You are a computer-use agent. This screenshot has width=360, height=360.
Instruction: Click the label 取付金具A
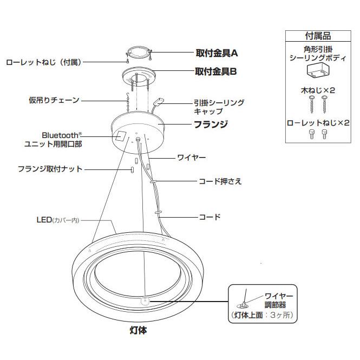pos(217,54)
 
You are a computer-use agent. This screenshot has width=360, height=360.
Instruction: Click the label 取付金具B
pos(217,71)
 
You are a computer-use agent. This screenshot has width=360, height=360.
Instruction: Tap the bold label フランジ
pos(211,124)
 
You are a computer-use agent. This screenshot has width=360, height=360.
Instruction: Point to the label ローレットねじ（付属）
pos(43,62)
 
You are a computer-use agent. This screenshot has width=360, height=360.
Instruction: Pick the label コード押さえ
pos(220,181)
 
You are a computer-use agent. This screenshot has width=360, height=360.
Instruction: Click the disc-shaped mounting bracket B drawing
pos(138,75)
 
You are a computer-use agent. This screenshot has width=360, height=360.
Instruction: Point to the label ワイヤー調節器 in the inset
pos(279,300)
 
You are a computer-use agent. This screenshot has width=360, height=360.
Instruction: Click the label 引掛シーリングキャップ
pos(219,106)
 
